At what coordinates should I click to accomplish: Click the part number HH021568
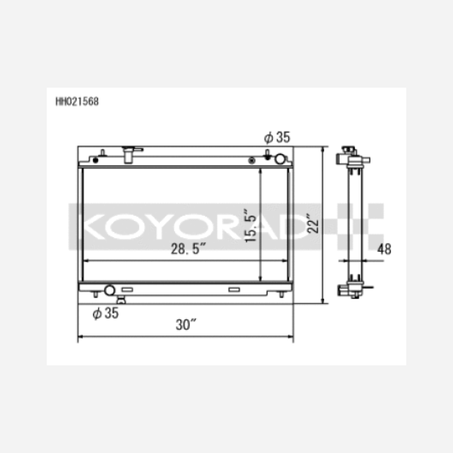coord(77,102)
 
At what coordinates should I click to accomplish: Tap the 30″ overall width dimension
coord(186,325)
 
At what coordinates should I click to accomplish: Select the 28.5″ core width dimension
coord(188,249)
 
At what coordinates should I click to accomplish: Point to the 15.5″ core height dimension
coord(250,225)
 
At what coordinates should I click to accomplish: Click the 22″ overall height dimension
coord(313,223)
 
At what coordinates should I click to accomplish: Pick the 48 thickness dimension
coord(384,249)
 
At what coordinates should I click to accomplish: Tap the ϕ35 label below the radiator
coord(105,313)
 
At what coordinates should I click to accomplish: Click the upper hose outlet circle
coord(280,159)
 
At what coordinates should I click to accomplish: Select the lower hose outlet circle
coord(109,290)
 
